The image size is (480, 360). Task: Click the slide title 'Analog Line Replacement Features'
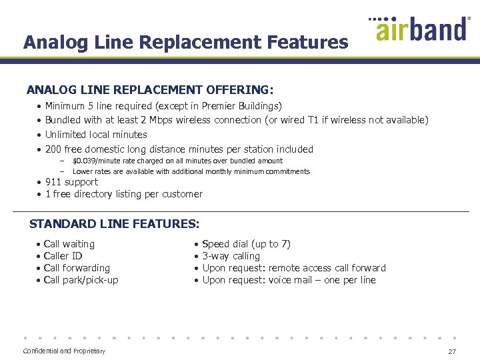[185, 43]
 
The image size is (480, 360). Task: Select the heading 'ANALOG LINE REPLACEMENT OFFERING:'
[150, 89]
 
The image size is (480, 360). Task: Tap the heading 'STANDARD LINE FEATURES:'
[115, 224]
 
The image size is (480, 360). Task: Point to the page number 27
[452, 351]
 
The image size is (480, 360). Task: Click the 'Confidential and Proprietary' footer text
[64, 351]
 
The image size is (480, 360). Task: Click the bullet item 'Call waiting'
[69, 244]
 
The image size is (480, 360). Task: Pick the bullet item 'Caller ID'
[63, 256]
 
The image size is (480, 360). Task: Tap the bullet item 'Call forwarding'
[77, 268]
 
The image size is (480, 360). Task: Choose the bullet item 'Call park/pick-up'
[81, 280]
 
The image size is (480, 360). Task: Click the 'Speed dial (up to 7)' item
[246, 244]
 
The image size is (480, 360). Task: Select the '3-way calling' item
[231, 256]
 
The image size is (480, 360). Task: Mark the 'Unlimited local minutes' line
[96, 135]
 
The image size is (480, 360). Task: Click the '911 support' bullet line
[71, 182]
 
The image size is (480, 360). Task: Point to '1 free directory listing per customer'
[123, 194]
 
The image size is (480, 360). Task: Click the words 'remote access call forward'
[327, 268]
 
